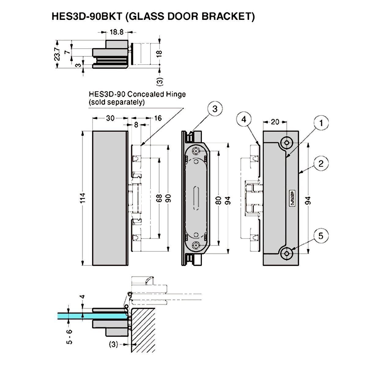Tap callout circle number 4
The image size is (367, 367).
coord(244,119)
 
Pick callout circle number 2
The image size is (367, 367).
coord(321,163)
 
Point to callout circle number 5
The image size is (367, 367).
coord(321,236)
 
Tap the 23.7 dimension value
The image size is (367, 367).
coord(57,54)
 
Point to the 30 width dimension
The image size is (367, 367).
coord(110,118)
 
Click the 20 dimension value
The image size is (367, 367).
coord(275,122)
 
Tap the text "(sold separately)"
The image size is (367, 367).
coord(117,102)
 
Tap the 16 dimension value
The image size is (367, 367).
coord(158,118)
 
